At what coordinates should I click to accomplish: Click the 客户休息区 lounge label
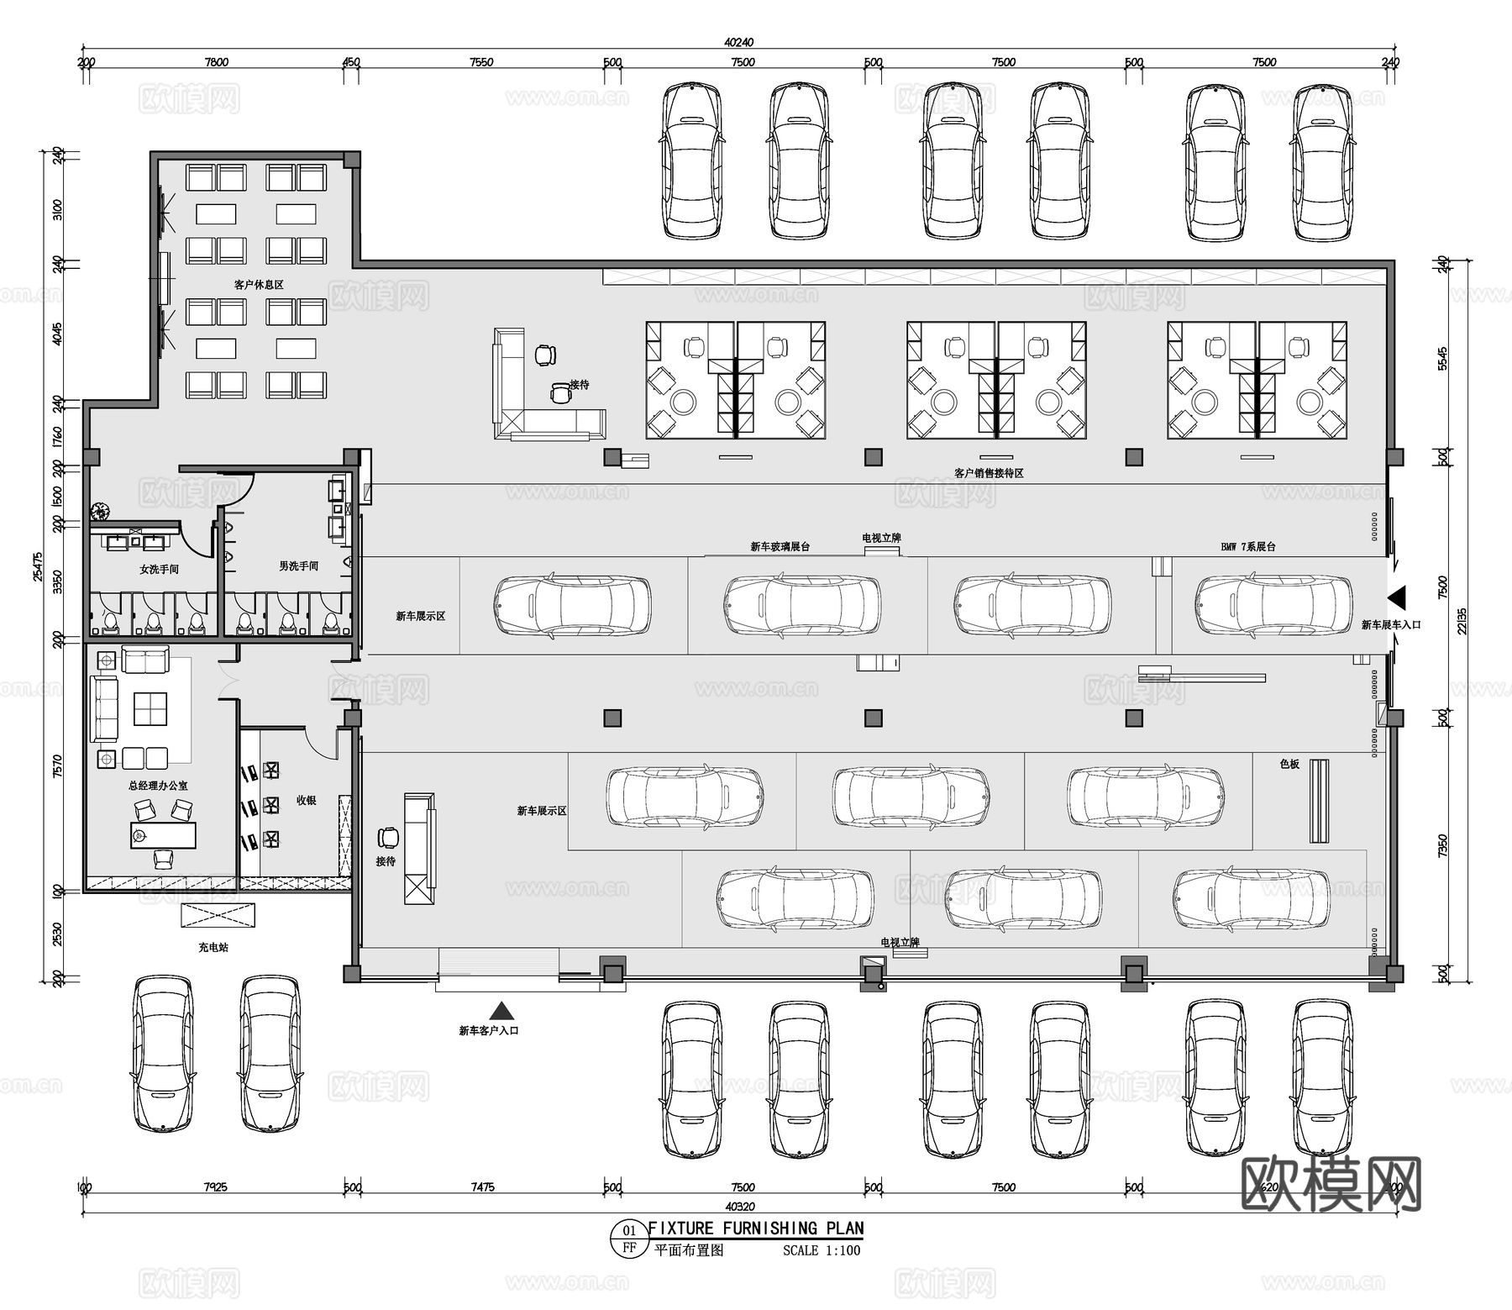point(258,285)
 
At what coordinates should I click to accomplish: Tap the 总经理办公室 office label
point(158,786)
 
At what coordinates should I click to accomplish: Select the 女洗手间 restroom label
point(159,569)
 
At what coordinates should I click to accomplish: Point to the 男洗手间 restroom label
point(298,566)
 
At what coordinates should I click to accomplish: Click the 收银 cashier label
point(306,801)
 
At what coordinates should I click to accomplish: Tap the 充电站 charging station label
point(213,947)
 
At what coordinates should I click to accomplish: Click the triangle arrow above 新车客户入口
point(501,1011)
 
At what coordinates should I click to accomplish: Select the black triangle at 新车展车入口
point(1396,597)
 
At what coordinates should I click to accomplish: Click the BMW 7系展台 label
point(1247,547)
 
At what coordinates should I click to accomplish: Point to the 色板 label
point(1289,764)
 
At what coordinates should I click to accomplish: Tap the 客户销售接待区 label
point(989,473)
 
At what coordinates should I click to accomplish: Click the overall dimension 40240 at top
point(738,42)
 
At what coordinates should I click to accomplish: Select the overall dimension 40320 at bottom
point(738,1206)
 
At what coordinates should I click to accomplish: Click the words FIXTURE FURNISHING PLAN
point(756,1228)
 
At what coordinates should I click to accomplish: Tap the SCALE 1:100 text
point(821,1250)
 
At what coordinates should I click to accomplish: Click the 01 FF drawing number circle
point(629,1239)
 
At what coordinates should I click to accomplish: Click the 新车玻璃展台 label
point(780,547)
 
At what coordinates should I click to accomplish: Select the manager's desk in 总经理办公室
point(163,834)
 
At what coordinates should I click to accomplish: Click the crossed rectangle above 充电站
point(218,916)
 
